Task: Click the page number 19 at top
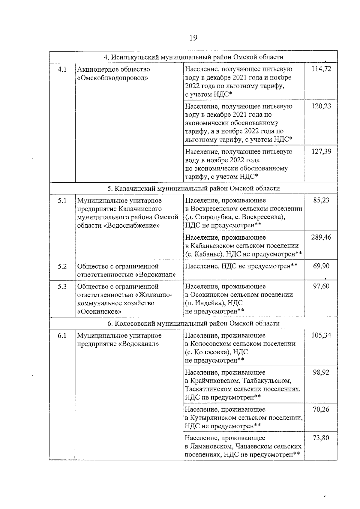click(193, 38)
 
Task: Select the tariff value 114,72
click(321, 69)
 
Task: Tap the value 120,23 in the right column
click(321, 106)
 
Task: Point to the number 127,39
click(321, 151)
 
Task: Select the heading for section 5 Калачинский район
click(193, 188)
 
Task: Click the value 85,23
click(321, 200)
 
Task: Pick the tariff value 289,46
click(321, 237)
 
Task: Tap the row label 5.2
click(62, 266)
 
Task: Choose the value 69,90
click(321, 266)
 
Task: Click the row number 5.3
click(62, 286)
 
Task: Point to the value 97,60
click(321, 286)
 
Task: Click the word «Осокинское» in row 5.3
click(99, 311)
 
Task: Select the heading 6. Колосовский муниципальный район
click(193, 323)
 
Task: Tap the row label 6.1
click(62, 335)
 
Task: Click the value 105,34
click(321, 335)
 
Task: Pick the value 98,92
click(321, 372)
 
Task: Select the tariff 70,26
click(321, 409)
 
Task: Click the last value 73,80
click(321, 438)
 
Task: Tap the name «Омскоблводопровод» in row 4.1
click(112, 78)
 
